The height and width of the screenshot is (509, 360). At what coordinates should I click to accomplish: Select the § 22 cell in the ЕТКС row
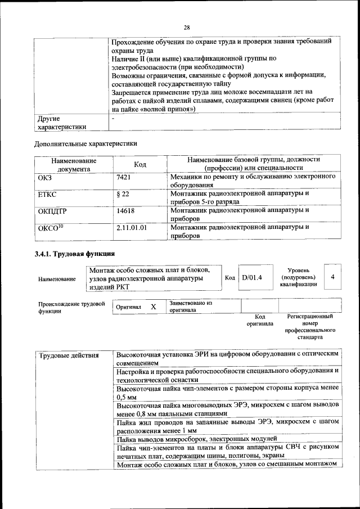[x=123, y=194]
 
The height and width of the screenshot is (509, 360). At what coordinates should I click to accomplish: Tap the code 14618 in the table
[x=125, y=211]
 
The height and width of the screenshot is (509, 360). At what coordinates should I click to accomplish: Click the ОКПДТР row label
[x=52, y=211]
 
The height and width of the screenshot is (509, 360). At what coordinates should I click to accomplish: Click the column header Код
[x=140, y=164]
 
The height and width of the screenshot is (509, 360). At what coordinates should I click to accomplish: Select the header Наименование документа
[x=74, y=164]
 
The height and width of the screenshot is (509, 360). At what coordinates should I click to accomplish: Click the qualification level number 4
[x=333, y=277]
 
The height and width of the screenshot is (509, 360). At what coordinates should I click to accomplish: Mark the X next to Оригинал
[x=153, y=307]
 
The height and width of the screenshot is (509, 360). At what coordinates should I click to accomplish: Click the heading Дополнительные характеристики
[x=86, y=143]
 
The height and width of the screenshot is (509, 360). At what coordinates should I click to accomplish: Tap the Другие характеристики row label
[x=62, y=123]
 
